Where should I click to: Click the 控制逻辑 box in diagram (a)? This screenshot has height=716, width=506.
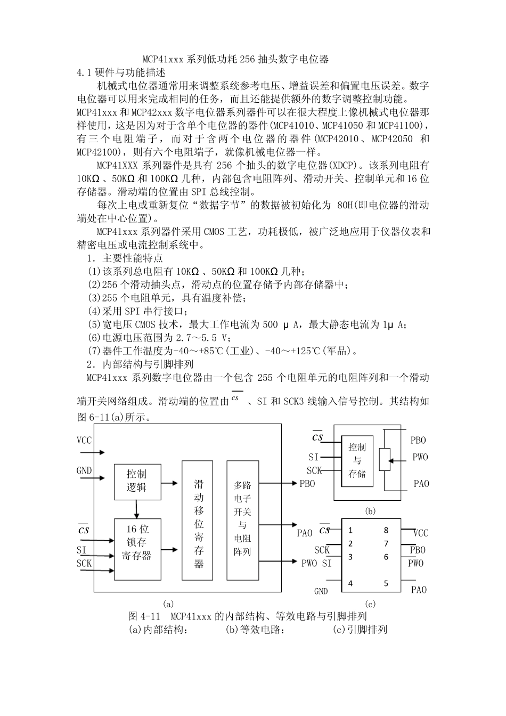[137, 481]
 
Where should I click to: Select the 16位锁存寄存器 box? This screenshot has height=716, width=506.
[137, 549]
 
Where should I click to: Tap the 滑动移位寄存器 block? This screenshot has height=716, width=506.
[199, 520]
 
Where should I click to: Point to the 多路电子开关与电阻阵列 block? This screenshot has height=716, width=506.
[242, 520]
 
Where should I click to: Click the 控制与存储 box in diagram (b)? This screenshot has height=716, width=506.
[357, 460]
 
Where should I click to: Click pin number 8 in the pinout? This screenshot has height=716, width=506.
[386, 530]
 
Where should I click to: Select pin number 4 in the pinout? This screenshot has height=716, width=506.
[350, 583]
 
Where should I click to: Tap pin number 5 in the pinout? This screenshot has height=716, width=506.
[386, 583]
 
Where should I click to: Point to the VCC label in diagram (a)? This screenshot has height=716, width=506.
[84, 441]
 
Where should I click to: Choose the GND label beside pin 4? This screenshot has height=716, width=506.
[321, 591]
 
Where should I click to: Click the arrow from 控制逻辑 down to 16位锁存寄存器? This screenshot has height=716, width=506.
[137, 509]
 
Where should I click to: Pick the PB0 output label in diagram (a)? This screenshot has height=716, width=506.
[307, 484]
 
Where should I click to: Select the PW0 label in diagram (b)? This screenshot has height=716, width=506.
[420, 457]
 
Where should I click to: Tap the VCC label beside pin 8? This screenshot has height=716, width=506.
[421, 533]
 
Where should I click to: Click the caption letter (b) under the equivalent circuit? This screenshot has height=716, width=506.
[370, 511]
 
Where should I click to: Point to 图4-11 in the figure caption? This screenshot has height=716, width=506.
[141, 616]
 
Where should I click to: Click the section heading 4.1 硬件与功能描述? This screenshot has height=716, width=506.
[122, 72]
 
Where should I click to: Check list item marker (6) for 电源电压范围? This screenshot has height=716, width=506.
[94, 338]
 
